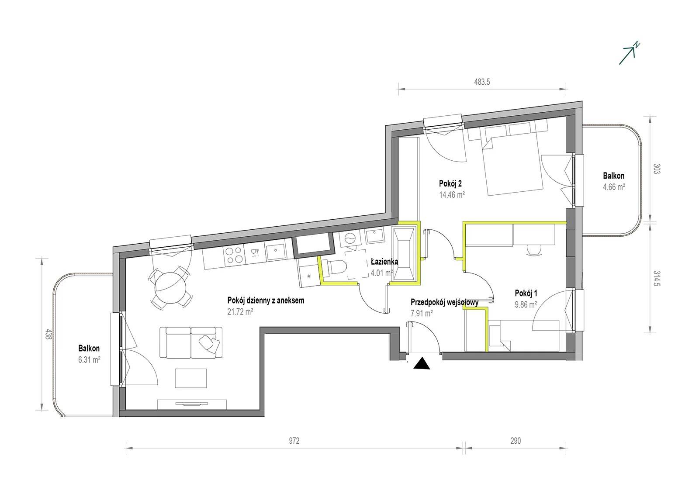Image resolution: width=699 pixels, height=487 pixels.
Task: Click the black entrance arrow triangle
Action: click(422, 364)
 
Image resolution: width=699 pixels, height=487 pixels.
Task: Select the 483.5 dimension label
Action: click(482, 82)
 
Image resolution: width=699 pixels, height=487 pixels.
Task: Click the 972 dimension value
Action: click(294, 441)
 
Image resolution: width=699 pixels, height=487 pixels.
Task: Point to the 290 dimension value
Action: click(516, 441)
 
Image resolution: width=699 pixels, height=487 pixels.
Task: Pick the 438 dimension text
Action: click(48, 335)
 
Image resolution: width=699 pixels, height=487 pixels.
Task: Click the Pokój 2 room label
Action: click(450, 183)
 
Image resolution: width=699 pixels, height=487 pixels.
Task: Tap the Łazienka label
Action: click(384, 262)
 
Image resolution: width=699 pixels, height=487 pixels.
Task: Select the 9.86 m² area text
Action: click(526, 304)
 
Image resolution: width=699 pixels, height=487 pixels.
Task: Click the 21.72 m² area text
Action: click(240, 312)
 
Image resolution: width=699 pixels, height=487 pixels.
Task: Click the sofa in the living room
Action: click(190, 342)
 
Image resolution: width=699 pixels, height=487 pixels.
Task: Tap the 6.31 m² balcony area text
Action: click(89, 360)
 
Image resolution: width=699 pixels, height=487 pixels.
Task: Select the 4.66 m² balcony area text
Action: click(614, 187)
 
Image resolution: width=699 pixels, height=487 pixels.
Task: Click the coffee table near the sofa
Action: click(190, 378)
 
